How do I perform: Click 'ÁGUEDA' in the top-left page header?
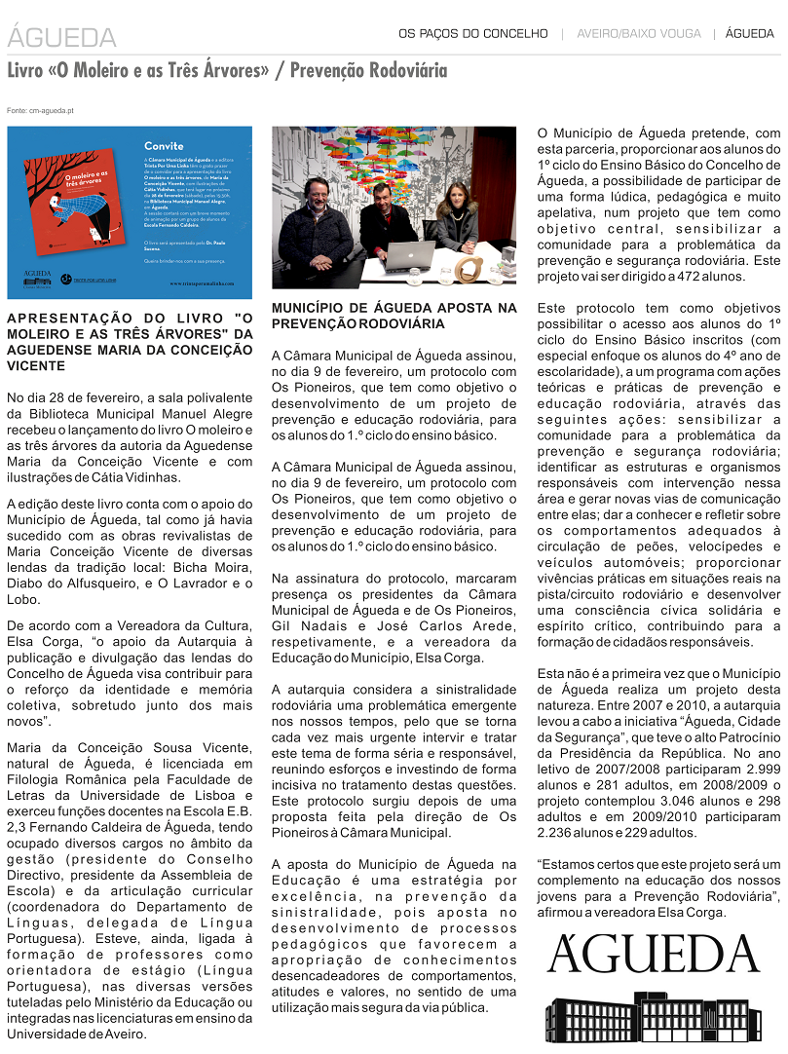pyautogui.click(x=61, y=38)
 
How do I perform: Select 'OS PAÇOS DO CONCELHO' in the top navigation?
pyautogui.click(x=473, y=34)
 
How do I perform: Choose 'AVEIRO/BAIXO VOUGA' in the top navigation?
pyautogui.click(x=638, y=34)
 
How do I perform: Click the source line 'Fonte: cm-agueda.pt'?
pyautogui.click(x=40, y=111)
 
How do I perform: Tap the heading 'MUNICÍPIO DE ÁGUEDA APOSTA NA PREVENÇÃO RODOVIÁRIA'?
pyautogui.click(x=394, y=315)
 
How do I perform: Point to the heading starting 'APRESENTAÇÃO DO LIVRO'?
pyautogui.click(x=130, y=341)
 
